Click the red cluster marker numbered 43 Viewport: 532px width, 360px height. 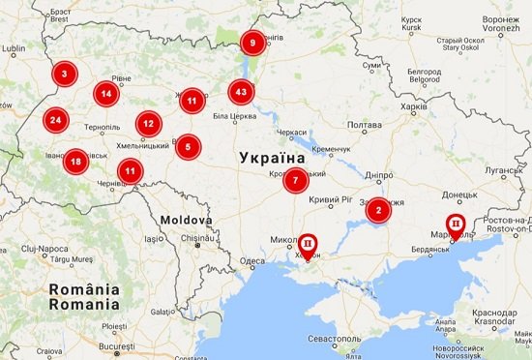coord(242,93)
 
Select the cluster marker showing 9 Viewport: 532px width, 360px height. coord(251,43)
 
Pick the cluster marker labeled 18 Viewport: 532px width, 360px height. coord(75,162)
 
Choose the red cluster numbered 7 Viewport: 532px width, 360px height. coord(295,180)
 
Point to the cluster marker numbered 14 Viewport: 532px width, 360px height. coord(106,94)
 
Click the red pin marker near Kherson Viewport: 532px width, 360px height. coord(309,243)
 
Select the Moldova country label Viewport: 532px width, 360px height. coord(186,220)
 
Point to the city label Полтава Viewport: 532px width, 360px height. coord(365,125)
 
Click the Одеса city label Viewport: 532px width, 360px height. coord(252,260)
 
